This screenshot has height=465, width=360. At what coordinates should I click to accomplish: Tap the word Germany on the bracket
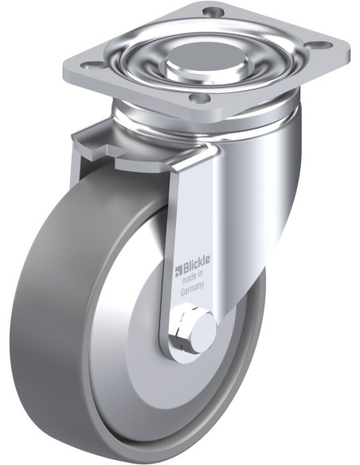click(x=193, y=288)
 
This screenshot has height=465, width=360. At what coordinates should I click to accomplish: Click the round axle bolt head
click(x=203, y=328)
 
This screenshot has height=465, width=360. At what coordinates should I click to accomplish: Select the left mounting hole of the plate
click(x=92, y=64)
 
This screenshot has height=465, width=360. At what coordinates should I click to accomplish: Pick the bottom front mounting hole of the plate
click(x=199, y=98)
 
